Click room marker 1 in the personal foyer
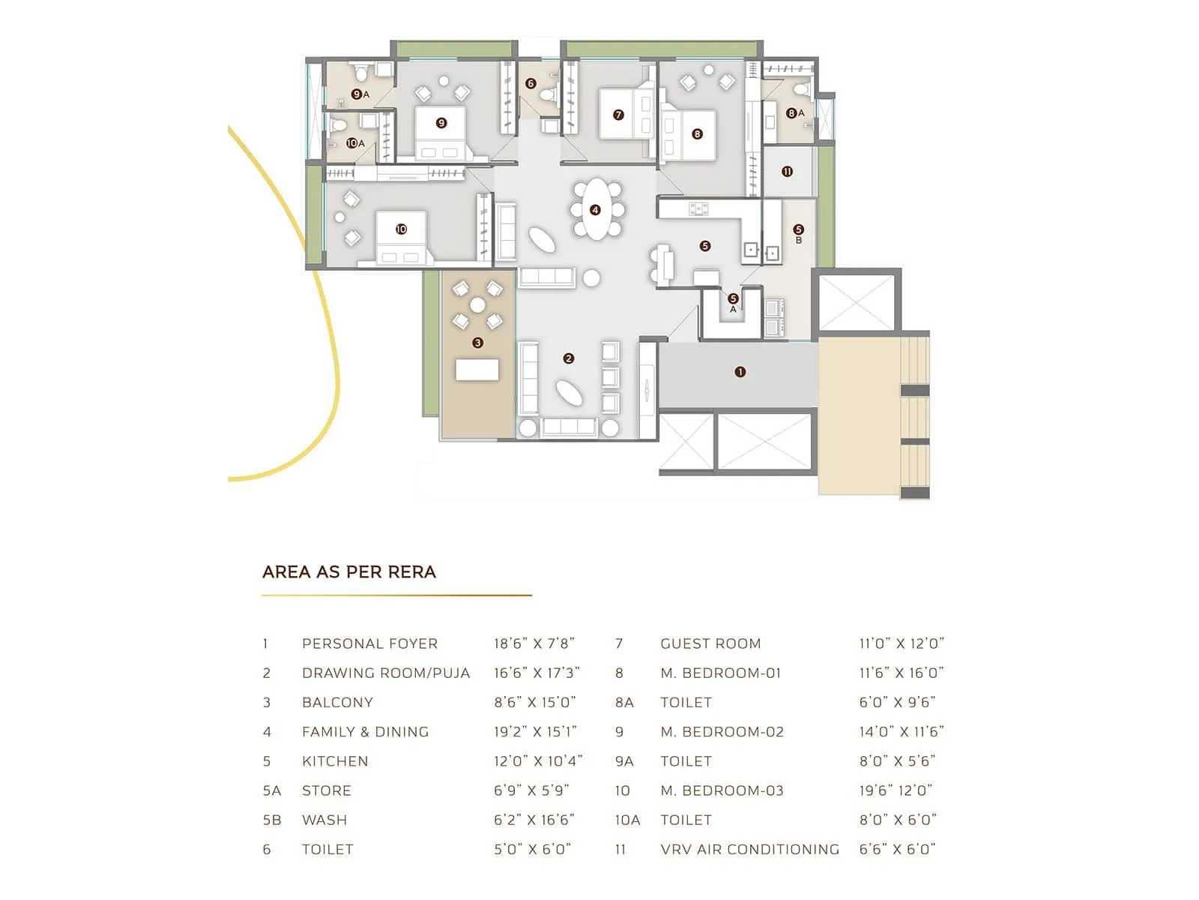click(x=740, y=372)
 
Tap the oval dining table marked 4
click(x=596, y=210)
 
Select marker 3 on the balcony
click(x=478, y=343)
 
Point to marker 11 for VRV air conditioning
click(x=788, y=172)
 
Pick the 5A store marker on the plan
click(x=734, y=301)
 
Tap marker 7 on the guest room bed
click(x=618, y=115)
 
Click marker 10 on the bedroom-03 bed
click(x=401, y=229)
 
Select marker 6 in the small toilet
click(x=531, y=83)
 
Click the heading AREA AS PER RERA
click(x=349, y=572)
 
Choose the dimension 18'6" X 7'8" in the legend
click(x=534, y=643)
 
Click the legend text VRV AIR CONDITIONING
click(x=750, y=850)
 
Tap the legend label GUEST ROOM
click(x=710, y=643)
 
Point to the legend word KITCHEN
click(x=335, y=761)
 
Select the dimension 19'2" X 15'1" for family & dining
click(x=535, y=732)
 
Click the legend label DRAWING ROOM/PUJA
click(x=386, y=673)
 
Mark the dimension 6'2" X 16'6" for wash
click(x=534, y=820)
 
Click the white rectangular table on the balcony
click(x=477, y=370)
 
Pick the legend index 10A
click(x=627, y=820)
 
